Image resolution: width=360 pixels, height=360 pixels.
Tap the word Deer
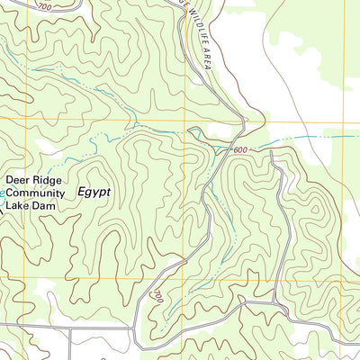coord(21,179)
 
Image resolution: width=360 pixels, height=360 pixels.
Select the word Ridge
coord(53,179)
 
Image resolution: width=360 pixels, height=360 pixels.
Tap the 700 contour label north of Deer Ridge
coord(45,5)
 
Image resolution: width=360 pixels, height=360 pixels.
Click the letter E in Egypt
coord(82,192)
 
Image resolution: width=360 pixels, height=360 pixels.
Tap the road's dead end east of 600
coord(272,152)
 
